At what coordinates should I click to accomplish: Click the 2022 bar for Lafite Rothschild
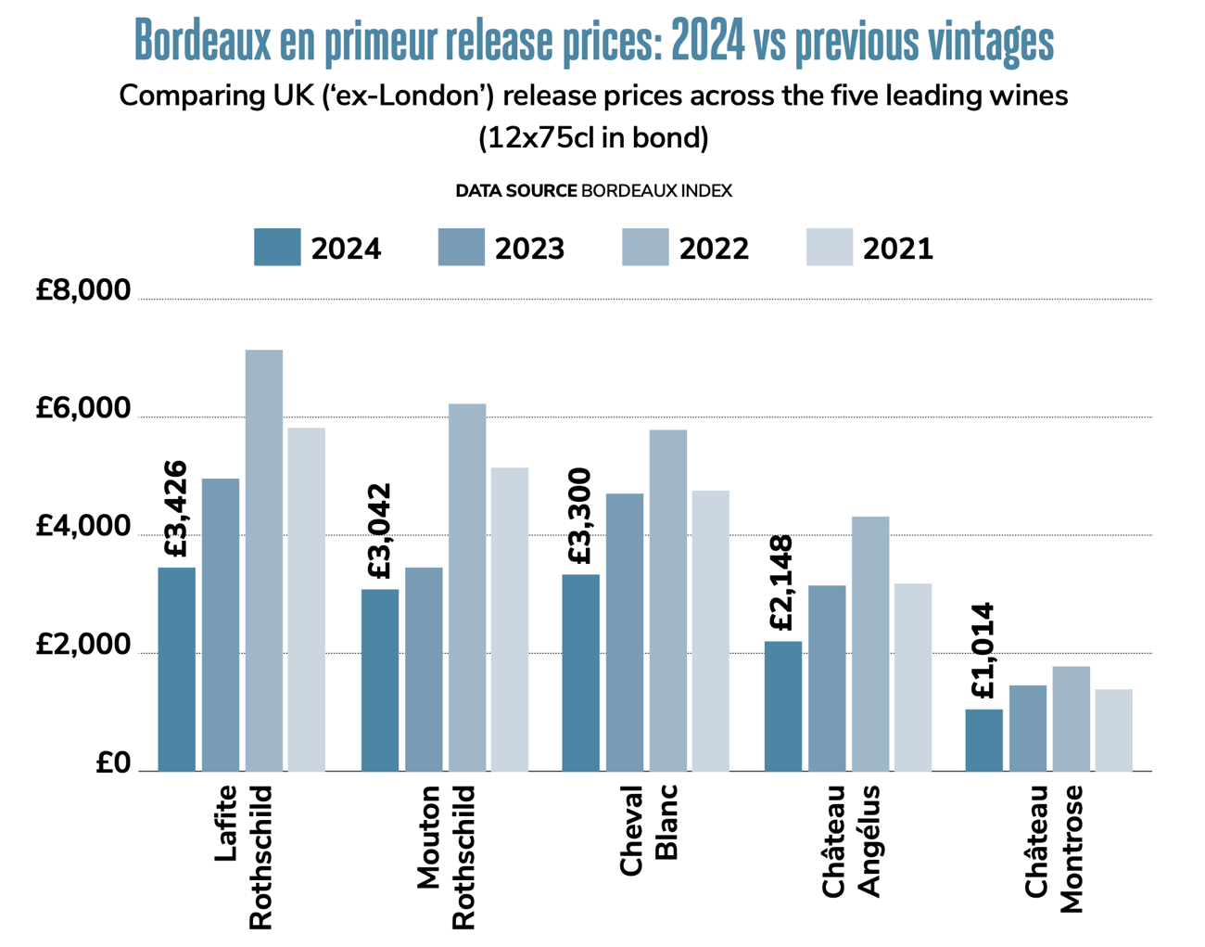coord(264,560)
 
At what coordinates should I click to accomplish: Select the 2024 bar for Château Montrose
coord(983,740)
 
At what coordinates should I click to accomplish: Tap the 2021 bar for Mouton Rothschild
coord(510,619)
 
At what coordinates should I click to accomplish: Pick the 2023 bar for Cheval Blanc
coord(625,632)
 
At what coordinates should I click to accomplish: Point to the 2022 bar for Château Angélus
coord(870,644)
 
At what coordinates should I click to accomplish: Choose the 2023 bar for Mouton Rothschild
coord(424,669)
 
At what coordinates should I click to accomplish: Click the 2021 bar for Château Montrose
coord(1113,730)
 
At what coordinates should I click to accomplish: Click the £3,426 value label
coord(175,508)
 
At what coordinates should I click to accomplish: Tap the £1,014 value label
coord(983,650)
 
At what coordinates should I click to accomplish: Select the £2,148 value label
coord(781,582)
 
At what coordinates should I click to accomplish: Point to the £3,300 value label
coord(579,516)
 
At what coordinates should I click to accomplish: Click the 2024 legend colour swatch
coord(277,248)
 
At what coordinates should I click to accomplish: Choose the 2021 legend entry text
coord(897,249)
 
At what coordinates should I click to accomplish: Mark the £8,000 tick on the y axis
coord(83,290)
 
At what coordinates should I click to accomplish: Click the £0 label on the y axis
coord(113,762)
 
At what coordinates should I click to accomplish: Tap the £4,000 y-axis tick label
coord(83,527)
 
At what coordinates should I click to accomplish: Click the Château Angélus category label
coord(851,840)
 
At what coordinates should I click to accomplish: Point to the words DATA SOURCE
coord(515,191)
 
